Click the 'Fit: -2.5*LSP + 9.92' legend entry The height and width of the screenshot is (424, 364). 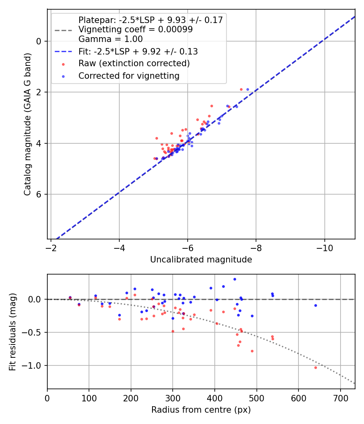(x=138, y=52)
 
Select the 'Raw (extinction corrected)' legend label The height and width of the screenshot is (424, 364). (x=134, y=64)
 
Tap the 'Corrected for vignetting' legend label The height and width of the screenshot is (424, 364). (x=129, y=76)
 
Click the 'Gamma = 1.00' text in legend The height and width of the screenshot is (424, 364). (x=110, y=39)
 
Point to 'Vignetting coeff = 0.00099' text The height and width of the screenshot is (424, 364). (x=135, y=29)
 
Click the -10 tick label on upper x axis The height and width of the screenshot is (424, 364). (x=324, y=248)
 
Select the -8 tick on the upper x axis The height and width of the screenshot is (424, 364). (x=256, y=248)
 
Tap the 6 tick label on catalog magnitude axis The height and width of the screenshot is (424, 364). (x=39, y=194)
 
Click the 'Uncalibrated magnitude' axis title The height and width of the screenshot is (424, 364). (x=201, y=260)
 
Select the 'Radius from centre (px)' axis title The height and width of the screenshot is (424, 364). (x=201, y=410)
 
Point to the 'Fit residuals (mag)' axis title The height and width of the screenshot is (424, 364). (x=13, y=332)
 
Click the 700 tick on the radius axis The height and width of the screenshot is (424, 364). (x=340, y=398)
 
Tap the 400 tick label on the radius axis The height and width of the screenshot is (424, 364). (x=215, y=398)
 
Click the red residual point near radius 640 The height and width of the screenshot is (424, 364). (x=315, y=367)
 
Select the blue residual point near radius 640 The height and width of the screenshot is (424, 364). (x=315, y=305)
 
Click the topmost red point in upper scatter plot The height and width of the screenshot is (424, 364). (x=241, y=89)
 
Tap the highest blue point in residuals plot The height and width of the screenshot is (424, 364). (x=235, y=279)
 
